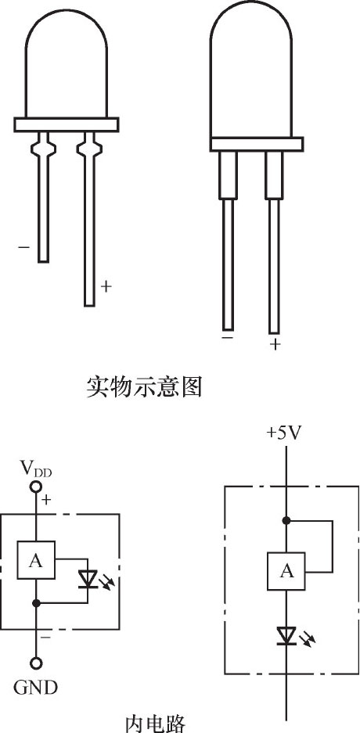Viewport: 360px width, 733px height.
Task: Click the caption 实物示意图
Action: (144, 387)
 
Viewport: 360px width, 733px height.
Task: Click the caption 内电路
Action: (156, 722)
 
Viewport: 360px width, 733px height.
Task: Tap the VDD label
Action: (36, 468)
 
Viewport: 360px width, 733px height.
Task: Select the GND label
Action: (35, 688)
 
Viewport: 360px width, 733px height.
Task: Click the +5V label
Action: (284, 433)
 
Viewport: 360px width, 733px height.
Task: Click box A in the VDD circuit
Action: (36, 560)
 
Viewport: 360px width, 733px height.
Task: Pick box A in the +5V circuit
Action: (286, 571)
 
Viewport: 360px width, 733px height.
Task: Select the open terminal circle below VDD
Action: (36, 487)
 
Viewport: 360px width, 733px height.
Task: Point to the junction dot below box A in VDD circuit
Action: (36, 603)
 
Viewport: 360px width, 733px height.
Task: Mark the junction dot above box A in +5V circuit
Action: (286, 520)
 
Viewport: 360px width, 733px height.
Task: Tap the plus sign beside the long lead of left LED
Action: (106, 286)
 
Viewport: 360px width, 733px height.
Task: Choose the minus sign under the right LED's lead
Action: (228, 337)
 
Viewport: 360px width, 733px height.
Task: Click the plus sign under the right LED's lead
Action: (275, 345)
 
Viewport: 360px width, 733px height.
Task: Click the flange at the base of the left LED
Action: (67, 124)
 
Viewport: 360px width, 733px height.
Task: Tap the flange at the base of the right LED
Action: (257, 144)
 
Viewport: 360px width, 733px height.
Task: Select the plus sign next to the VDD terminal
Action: (46, 500)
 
